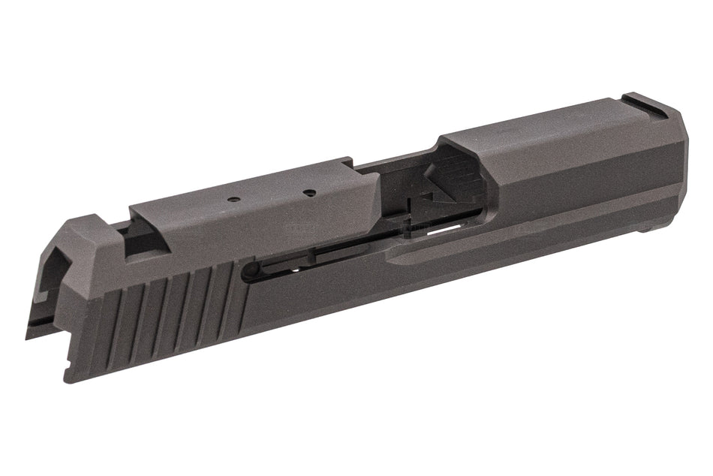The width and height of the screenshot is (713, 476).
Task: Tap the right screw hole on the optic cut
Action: [x=308, y=192]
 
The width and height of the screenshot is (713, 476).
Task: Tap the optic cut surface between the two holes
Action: [x=270, y=197]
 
